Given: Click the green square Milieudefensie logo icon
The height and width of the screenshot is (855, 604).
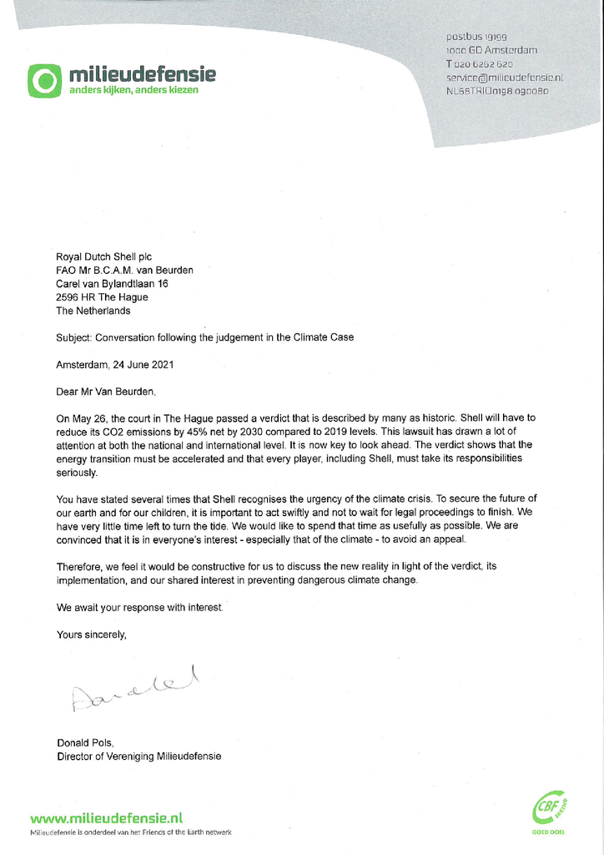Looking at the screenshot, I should tap(45, 80).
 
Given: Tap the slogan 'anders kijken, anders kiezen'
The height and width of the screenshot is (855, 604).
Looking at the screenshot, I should tap(133, 89).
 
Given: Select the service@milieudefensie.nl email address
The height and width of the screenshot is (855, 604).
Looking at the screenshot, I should tap(505, 77).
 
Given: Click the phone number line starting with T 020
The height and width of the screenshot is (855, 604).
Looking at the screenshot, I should tap(480, 63).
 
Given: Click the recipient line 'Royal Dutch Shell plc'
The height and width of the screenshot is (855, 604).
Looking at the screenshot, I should tap(103, 257).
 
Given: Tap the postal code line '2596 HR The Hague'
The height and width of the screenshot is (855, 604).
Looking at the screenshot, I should tap(102, 297).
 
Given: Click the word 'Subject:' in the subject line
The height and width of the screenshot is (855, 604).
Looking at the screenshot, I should tap(74, 337).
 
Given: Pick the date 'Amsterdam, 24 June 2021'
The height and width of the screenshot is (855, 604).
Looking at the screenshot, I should tap(115, 364).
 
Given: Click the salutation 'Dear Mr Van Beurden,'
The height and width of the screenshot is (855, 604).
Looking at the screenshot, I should tap(106, 391).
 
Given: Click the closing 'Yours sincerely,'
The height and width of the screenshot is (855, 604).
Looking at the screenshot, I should tap(92, 635).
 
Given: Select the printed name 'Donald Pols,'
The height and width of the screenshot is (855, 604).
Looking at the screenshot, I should tap(84, 743).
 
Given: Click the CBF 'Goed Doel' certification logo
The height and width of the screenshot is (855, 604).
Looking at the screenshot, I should tap(548, 811).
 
